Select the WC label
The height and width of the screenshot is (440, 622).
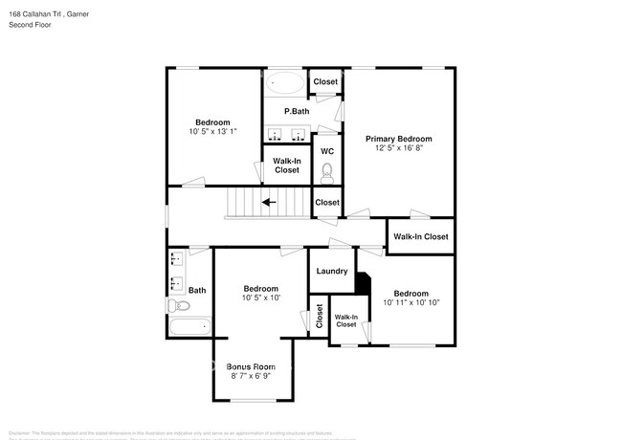click(x=326, y=151)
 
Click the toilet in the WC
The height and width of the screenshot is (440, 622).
click(x=326, y=172)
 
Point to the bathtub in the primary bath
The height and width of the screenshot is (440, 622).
click(x=284, y=82)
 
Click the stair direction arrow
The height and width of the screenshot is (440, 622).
click(x=271, y=202)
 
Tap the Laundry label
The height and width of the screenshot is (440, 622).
click(x=331, y=272)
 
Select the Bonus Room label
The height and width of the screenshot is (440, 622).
click(x=251, y=366)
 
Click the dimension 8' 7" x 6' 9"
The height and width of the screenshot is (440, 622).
click(x=251, y=377)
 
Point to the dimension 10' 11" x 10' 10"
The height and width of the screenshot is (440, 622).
click(x=411, y=303)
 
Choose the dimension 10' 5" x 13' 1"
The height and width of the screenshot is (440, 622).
click(x=212, y=132)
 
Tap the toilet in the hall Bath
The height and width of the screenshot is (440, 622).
click(x=179, y=306)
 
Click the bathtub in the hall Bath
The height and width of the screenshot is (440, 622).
click(x=189, y=327)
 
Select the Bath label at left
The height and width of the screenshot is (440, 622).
click(x=196, y=290)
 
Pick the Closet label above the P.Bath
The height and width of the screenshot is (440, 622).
click(x=325, y=82)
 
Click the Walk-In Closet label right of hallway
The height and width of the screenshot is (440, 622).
click(x=420, y=236)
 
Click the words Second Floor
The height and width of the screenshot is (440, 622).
click(x=31, y=25)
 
